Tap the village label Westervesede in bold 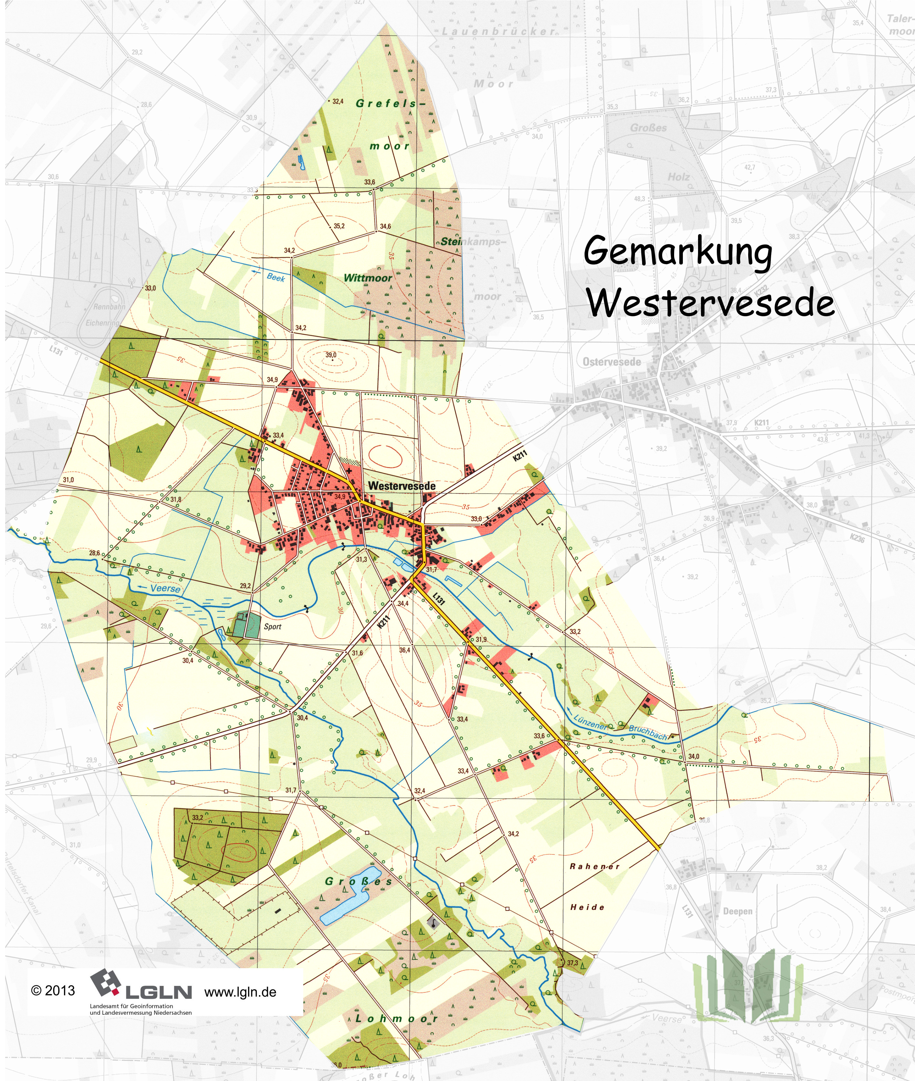402,486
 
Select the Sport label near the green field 272,627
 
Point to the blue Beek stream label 275,277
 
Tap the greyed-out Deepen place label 737,911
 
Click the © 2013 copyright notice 53,991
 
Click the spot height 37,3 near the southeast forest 572,963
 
